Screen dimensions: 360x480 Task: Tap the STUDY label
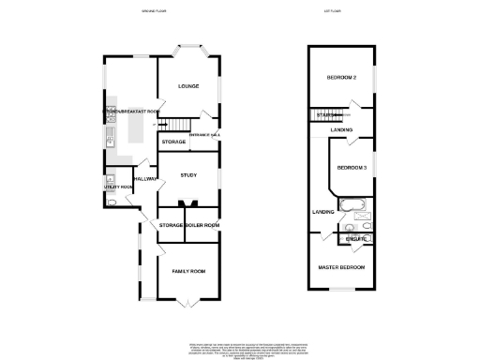click(x=187, y=172)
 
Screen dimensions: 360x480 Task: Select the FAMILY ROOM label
click(x=187, y=271)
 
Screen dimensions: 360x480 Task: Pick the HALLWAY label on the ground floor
click(x=144, y=178)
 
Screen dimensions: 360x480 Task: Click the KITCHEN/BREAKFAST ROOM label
click(x=131, y=112)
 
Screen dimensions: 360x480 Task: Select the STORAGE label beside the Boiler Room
click(x=170, y=226)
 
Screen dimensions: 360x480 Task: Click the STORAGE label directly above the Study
click(x=173, y=142)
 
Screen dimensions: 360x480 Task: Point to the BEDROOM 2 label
click(x=340, y=77)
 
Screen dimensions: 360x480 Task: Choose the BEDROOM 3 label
click(x=351, y=167)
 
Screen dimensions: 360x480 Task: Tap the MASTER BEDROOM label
click(x=341, y=267)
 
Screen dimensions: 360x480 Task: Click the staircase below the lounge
click(x=175, y=125)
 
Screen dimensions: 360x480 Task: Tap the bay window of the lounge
click(x=187, y=49)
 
